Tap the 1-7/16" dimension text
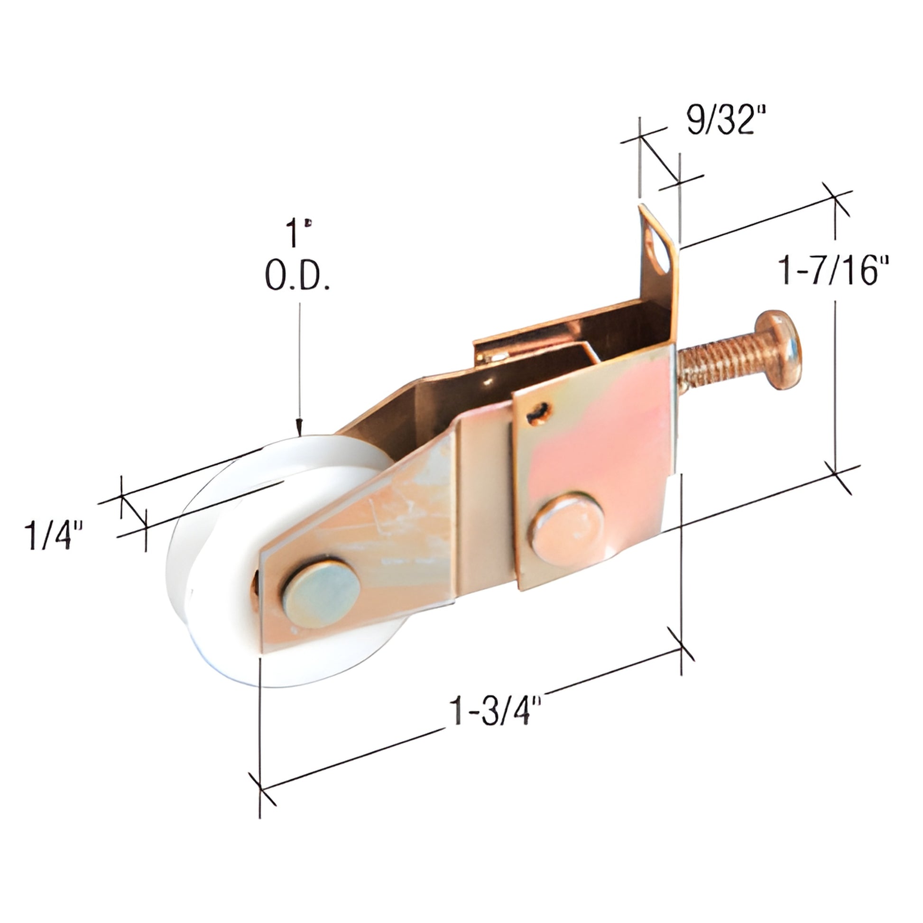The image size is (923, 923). (x=833, y=270)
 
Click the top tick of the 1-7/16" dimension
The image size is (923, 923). (x=835, y=198)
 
